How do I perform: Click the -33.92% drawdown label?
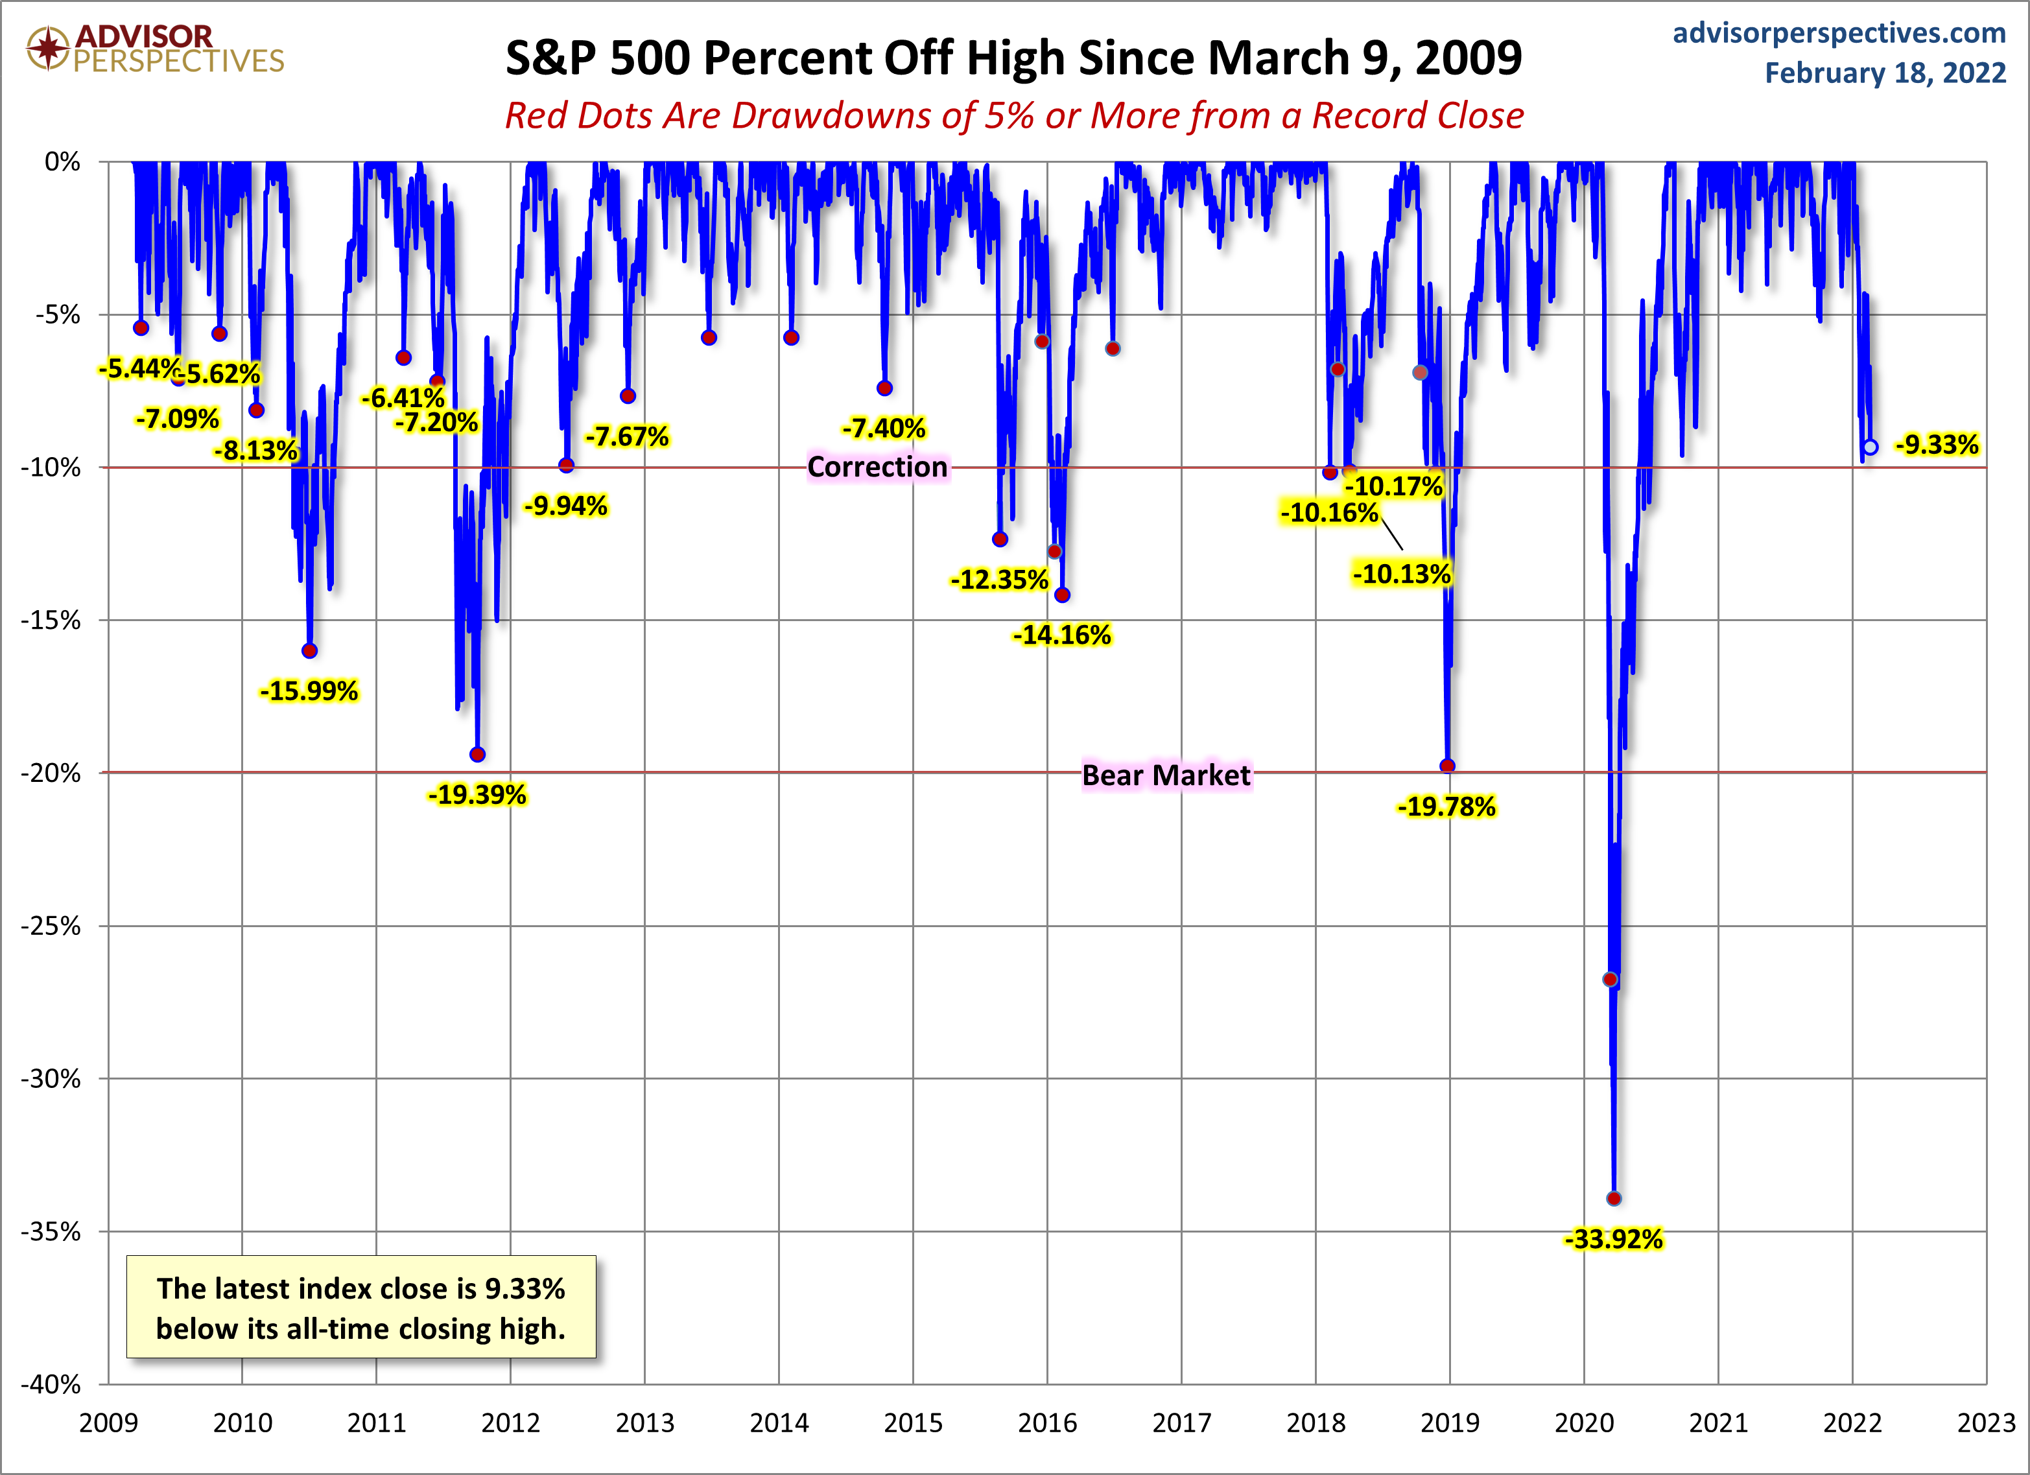pyautogui.click(x=1613, y=1239)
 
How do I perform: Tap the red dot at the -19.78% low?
pyautogui.click(x=1447, y=766)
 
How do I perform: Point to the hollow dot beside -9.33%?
pyautogui.click(x=1870, y=447)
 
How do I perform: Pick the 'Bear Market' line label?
pyautogui.click(x=1165, y=775)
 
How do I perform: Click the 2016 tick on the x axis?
pyautogui.click(x=1047, y=1423)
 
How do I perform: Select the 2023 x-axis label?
pyautogui.click(x=1986, y=1423)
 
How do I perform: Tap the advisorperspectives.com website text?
pyautogui.click(x=1839, y=33)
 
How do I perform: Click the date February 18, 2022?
pyautogui.click(x=1885, y=73)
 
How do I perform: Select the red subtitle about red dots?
pyautogui.click(x=1014, y=115)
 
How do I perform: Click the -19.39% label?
pyautogui.click(x=477, y=795)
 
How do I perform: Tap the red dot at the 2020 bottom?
pyautogui.click(x=1614, y=1198)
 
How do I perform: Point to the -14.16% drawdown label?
pyautogui.click(x=1061, y=635)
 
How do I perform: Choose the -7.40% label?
pyautogui.click(x=884, y=429)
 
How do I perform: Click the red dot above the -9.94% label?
pyautogui.click(x=567, y=466)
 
